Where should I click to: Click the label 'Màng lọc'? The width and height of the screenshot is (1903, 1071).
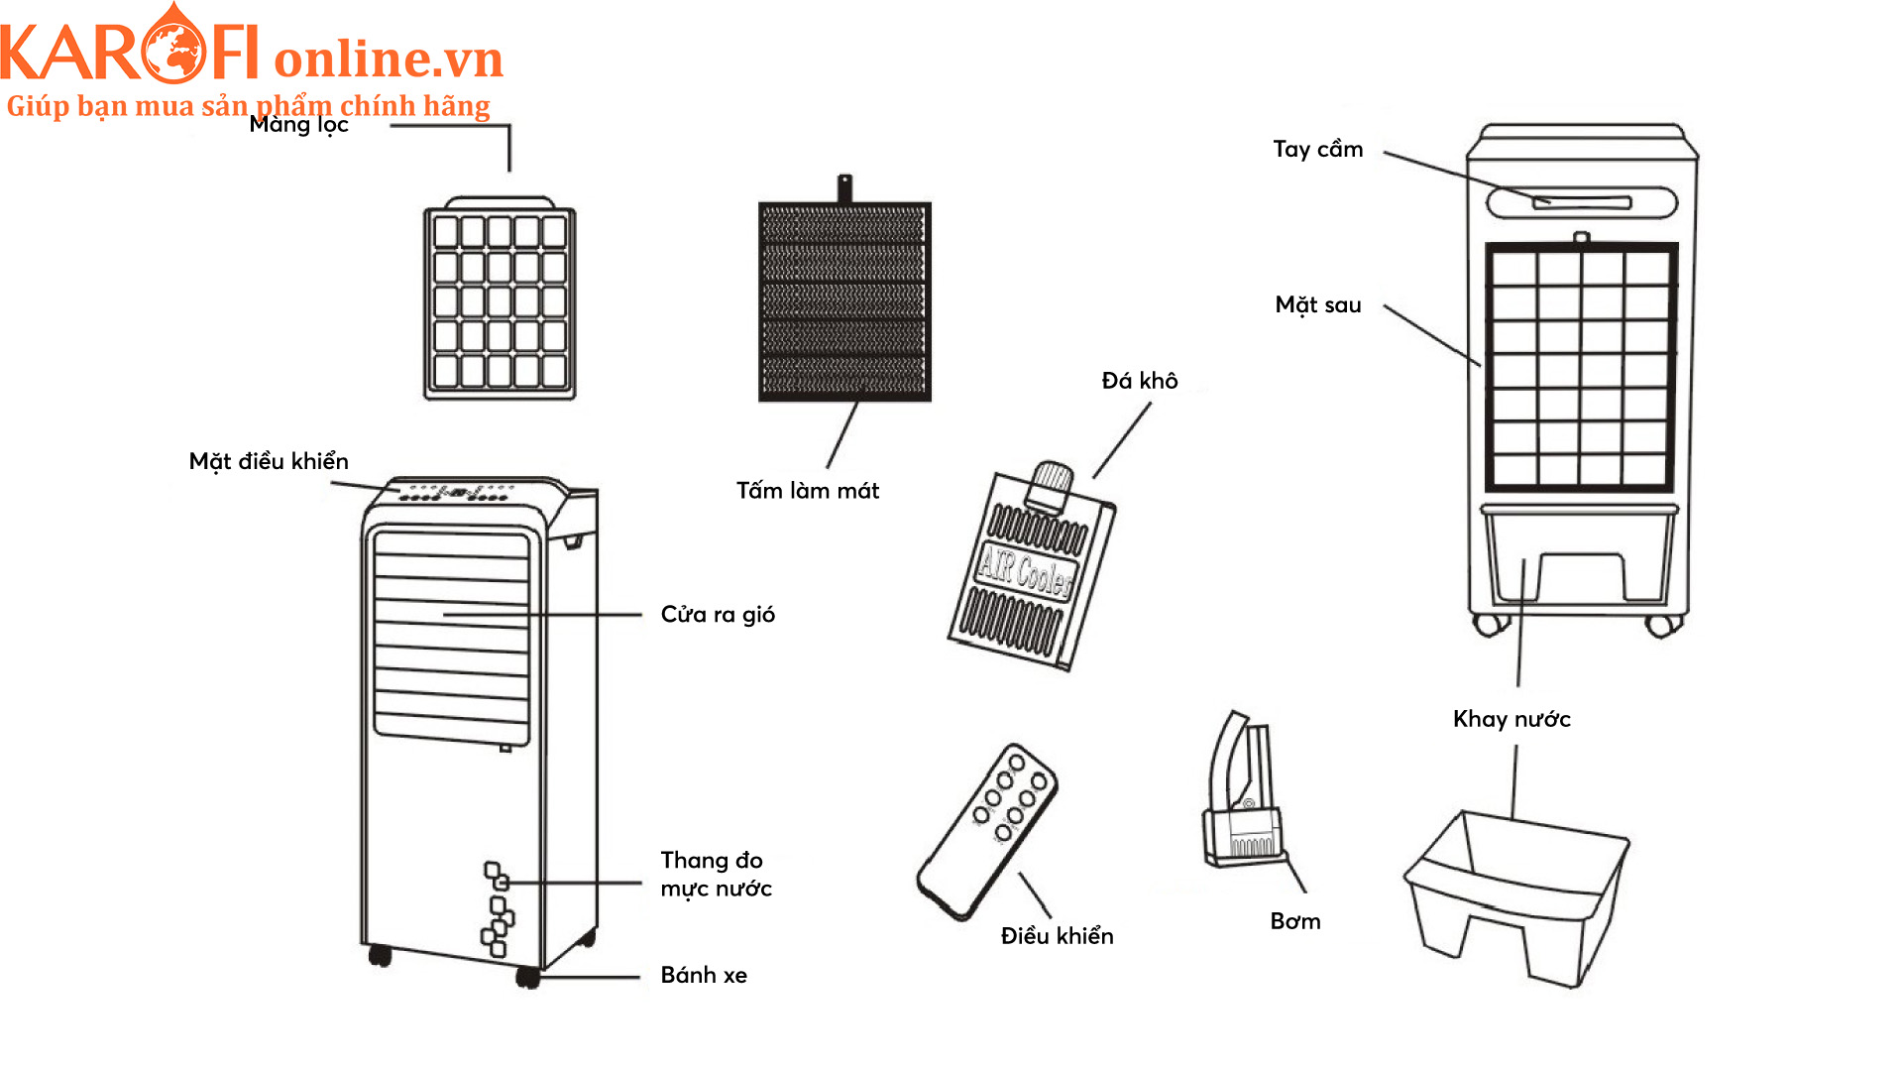(298, 125)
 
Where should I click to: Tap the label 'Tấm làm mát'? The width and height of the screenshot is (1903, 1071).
(807, 491)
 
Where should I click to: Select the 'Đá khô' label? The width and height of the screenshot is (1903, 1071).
(1140, 381)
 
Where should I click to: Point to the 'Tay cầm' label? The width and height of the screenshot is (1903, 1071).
(1317, 150)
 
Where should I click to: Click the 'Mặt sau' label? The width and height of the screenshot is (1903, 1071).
(1317, 305)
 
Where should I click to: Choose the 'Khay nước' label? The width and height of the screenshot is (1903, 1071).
(1511, 719)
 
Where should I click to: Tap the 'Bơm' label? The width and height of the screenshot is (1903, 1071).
(1295, 921)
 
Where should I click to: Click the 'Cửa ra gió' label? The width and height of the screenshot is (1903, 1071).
(718, 615)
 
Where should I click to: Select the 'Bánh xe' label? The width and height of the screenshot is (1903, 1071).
(704, 976)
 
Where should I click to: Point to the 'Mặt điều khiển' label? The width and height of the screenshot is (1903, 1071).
(269, 461)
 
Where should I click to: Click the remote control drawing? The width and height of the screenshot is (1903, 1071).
(987, 831)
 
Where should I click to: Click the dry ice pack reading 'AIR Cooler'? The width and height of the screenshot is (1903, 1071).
(1031, 570)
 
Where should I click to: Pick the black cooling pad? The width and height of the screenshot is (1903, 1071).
(844, 300)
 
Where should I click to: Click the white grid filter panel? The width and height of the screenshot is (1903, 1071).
(500, 300)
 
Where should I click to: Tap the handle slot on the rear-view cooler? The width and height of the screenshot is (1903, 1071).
(1582, 202)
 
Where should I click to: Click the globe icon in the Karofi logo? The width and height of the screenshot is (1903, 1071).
(174, 52)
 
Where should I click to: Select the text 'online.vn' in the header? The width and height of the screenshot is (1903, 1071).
(389, 59)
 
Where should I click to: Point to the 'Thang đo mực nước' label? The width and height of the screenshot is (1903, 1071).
(716, 875)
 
